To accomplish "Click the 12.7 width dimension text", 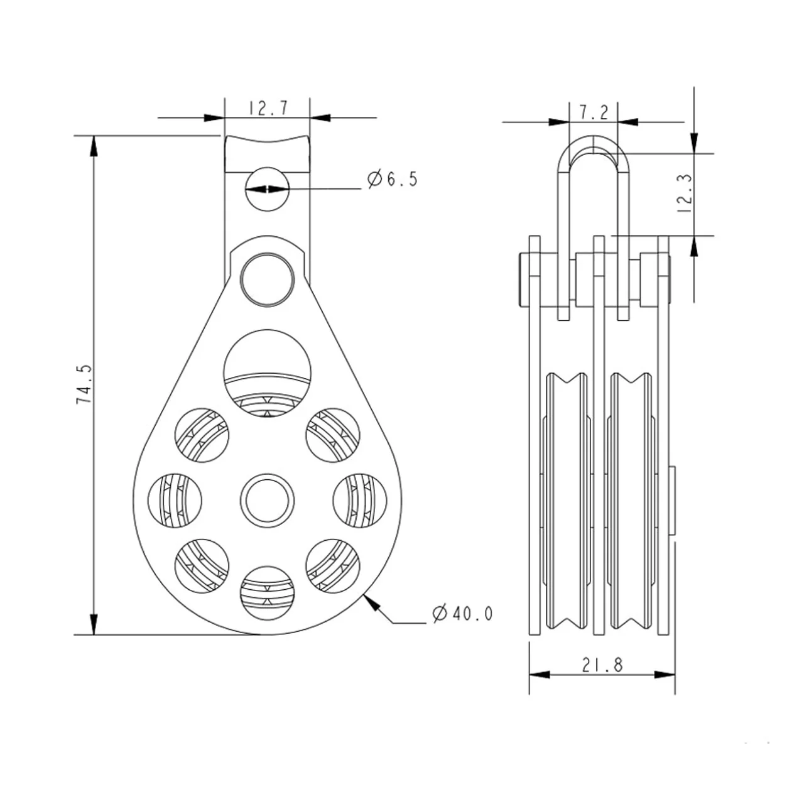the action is [x=269, y=109].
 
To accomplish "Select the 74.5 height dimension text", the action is [x=84, y=384].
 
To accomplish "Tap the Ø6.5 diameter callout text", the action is [x=392, y=180].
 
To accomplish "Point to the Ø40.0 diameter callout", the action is [x=462, y=613].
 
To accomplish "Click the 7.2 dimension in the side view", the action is [x=594, y=112].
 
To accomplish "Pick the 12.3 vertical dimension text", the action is [x=684, y=193].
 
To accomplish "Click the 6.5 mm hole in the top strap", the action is [x=267, y=189].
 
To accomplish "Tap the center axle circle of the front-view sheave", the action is [x=267, y=500].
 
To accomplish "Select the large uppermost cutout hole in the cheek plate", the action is [x=267, y=374].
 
